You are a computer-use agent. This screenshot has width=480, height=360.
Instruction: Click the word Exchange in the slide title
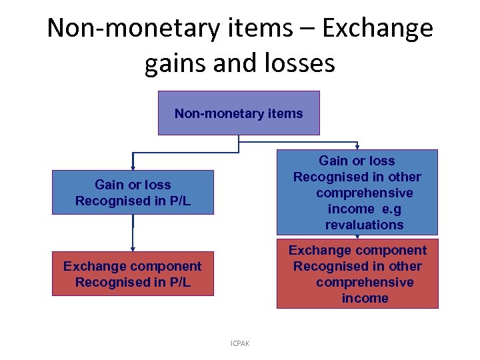tap(378, 29)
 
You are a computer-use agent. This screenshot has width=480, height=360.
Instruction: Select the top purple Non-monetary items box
tap(239, 113)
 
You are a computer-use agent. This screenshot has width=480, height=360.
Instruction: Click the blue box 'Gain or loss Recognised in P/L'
tap(133, 192)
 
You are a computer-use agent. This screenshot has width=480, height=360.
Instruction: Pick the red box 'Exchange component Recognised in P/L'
tap(133, 273)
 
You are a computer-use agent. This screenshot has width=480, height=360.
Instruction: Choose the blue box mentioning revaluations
tap(357, 192)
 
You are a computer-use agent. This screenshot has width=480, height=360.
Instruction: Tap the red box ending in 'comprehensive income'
tap(357, 273)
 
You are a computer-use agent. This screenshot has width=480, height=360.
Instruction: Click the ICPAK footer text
tap(239, 343)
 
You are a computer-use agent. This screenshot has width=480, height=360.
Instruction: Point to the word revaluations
tap(364, 225)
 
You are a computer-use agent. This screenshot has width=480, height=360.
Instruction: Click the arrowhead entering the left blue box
tap(133, 167)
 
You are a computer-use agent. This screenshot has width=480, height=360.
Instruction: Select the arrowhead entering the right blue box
tap(357, 147)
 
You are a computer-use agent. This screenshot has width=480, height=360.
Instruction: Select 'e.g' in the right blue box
tap(389, 209)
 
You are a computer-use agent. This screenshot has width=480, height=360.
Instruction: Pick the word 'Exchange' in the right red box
tap(319, 250)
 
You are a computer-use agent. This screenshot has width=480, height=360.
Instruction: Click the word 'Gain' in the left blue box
tap(110, 185)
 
